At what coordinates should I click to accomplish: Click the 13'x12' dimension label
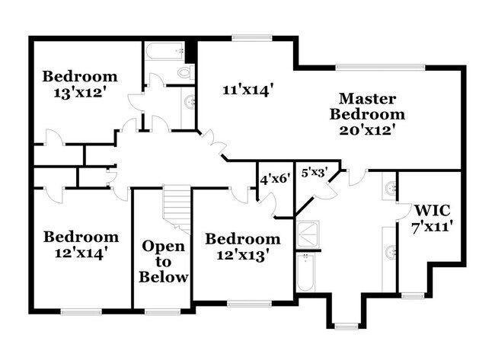(x=80, y=92)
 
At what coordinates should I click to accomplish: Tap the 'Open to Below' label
(x=164, y=262)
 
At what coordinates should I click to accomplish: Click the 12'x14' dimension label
(x=80, y=253)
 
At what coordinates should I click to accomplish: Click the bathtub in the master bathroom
(x=305, y=273)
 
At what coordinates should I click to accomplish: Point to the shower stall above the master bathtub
(x=309, y=235)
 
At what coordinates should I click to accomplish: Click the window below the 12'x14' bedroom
(x=81, y=311)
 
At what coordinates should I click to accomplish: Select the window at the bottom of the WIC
(x=412, y=295)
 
